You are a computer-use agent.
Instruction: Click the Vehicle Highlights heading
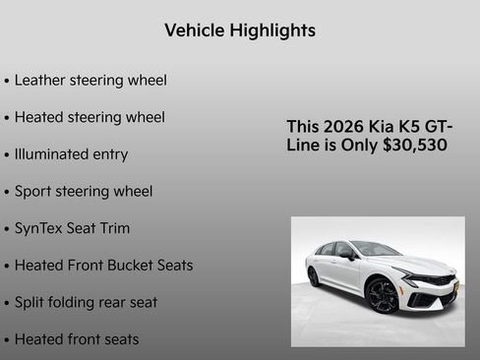pyautogui.click(x=240, y=30)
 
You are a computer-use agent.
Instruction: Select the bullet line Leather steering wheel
pyautogui.click(x=90, y=80)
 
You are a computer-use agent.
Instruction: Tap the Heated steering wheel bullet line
pyautogui.click(x=90, y=117)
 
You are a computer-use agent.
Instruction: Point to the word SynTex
pyautogui.click(x=36, y=228)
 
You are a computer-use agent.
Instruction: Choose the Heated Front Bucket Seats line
pyautogui.click(x=103, y=266)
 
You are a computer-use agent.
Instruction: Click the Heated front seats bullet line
pyautogui.click(x=77, y=339)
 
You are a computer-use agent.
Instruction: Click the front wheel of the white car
pyautogui.click(x=382, y=295)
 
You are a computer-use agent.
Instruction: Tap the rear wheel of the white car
pyautogui.click(x=314, y=276)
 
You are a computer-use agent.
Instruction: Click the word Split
pyautogui.click(x=30, y=302)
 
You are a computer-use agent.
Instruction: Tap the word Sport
pyautogui.click(x=33, y=192)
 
